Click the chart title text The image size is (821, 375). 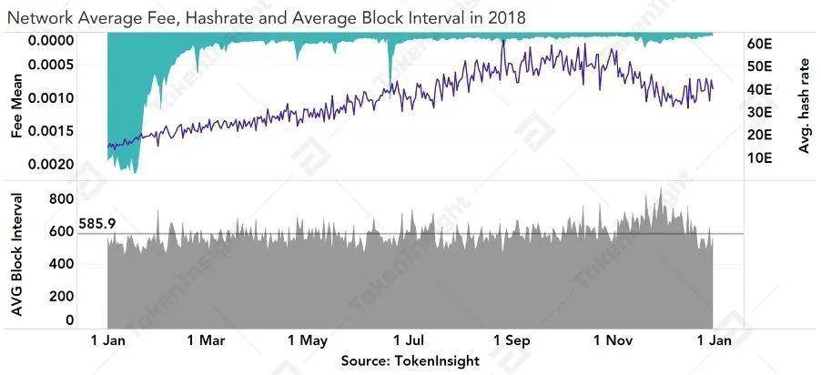click(x=265, y=15)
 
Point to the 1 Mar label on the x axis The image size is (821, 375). click(x=205, y=341)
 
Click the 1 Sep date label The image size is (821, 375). click(x=511, y=341)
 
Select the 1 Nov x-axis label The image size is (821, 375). click(x=613, y=341)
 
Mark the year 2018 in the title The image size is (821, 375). click(x=505, y=15)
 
